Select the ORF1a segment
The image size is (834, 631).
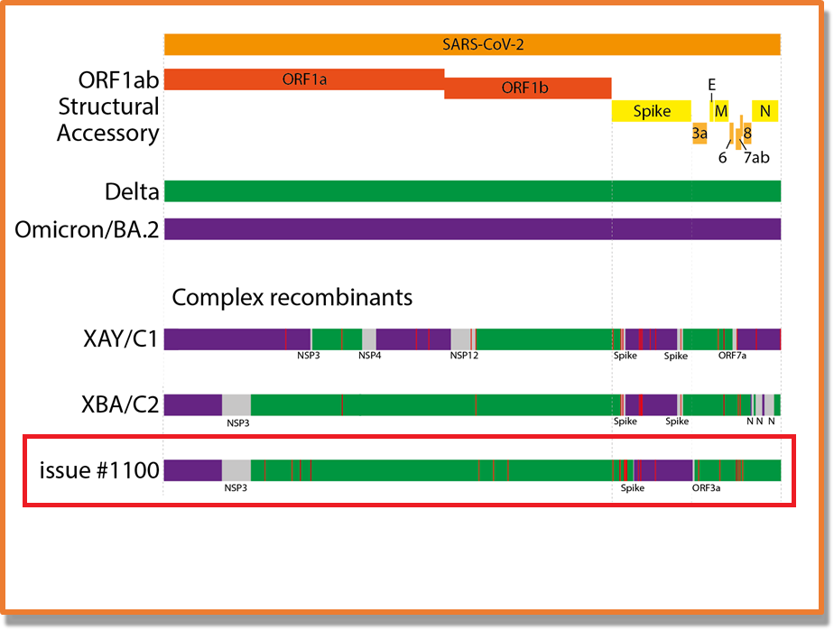coord(303,79)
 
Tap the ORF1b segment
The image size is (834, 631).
coord(527,88)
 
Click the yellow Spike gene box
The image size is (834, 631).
coord(652,111)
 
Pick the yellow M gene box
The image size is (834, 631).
coord(720,111)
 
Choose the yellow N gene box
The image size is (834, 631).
coord(765,111)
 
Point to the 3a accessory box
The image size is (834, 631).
coord(700,134)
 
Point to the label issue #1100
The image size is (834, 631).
coord(99,470)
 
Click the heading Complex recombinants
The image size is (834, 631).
coord(292,297)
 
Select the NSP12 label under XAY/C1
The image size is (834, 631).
coord(464,356)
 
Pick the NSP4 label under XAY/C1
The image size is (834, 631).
coord(370,356)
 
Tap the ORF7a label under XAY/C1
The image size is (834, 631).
coord(732,356)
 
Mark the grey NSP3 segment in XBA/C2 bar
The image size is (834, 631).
coord(236,404)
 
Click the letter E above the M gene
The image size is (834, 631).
coord(711,84)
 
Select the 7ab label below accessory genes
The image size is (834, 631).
coord(756,158)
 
